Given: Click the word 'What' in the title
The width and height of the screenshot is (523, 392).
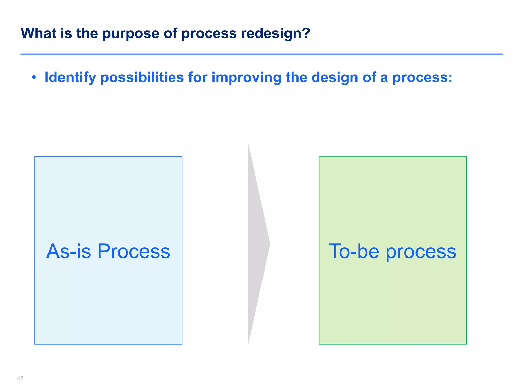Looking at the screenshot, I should (39, 33).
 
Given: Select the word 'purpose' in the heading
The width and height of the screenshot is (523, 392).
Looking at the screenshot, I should (130, 34).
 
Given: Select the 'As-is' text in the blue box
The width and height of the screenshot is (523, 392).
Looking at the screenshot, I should (69, 251).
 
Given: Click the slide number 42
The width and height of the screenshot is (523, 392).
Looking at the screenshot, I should (20, 378).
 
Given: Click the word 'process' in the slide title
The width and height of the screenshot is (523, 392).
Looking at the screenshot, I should (209, 34).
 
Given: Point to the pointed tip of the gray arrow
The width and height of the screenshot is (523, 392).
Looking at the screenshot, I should (269, 244).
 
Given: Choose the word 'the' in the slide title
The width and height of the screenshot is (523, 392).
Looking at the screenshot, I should (87, 33).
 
